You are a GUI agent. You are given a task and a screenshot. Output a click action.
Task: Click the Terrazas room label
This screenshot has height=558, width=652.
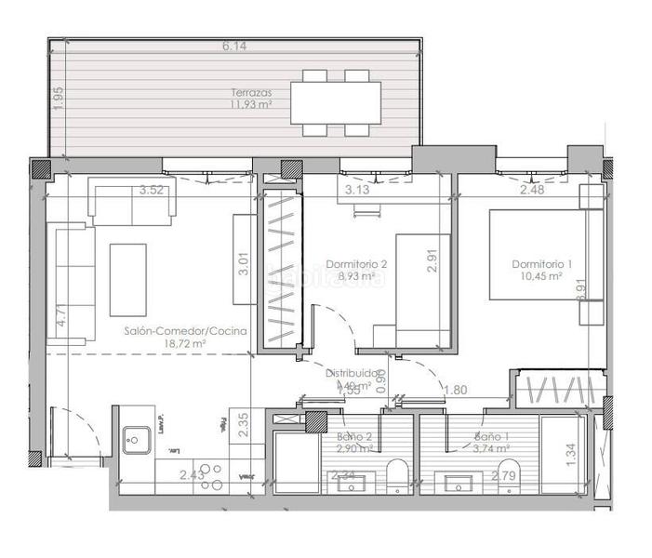[251, 93]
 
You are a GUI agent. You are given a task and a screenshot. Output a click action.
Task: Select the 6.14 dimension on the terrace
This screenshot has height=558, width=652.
[234, 46]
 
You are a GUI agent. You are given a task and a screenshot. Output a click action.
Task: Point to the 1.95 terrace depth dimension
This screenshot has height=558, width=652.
[59, 99]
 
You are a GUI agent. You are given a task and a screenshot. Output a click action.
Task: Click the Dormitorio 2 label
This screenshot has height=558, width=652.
[356, 263]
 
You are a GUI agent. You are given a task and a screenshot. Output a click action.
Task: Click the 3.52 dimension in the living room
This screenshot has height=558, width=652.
[152, 191]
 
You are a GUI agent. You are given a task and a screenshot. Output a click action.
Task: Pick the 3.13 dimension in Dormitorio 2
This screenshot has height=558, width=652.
[358, 191]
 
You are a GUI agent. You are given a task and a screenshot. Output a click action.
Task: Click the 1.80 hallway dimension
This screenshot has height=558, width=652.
[456, 391]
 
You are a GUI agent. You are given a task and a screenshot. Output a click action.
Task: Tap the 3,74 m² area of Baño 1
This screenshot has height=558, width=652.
[491, 447]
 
